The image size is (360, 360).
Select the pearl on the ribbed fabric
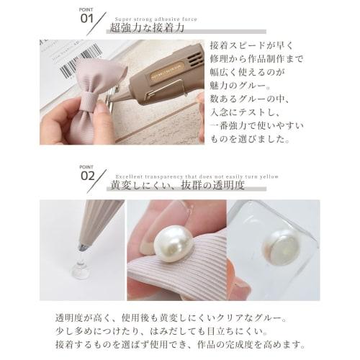pos(164,235)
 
